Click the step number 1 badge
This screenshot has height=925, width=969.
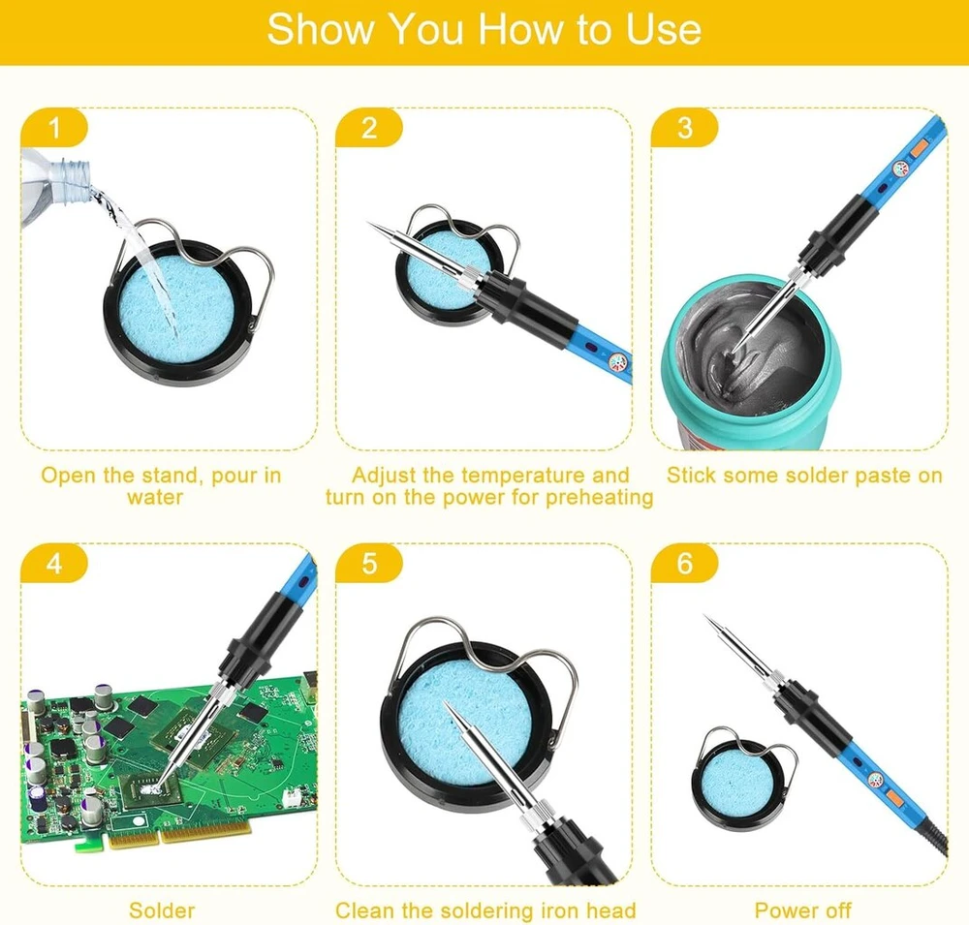[x=54, y=128]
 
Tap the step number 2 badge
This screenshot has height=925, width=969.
[x=369, y=128]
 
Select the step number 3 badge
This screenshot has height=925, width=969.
[x=685, y=128]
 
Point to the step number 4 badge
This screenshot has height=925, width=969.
[x=54, y=563]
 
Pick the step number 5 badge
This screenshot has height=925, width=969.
[x=369, y=563]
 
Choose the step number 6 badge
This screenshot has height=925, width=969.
[x=685, y=563]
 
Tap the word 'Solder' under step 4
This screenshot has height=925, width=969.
[x=162, y=910]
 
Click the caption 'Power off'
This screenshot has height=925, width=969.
[x=802, y=910]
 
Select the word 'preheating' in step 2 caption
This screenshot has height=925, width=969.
[x=600, y=498]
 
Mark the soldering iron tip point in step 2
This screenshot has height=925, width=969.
[x=368, y=223]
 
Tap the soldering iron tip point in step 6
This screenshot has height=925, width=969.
[x=705, y=616]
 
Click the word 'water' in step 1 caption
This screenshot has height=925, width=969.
[x=155, y=498]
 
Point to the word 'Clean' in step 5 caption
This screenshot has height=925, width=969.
[x=364, y=910]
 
